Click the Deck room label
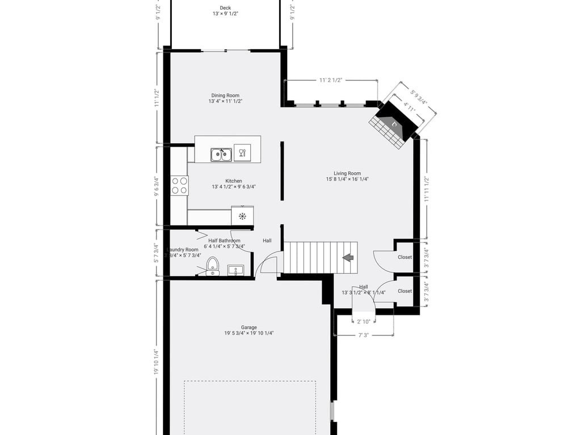click(225, 8)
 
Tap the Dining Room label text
click(225, 96)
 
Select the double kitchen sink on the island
click(221, 154)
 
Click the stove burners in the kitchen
click(180, 186)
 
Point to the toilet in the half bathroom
click(213, 265)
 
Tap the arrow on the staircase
click(348, 258)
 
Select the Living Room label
click(347, 174)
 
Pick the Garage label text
click(249, 327)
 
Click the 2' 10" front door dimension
click(364, 322)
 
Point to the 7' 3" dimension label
click(364, 335)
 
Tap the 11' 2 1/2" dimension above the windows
click(331, 80)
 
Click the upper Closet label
click(405, 257)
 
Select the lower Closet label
click(405, 291)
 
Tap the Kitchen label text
click(234, 181)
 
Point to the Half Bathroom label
click(225, 241)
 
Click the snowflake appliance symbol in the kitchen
click(242, 216)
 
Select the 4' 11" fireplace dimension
click(410, 106)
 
